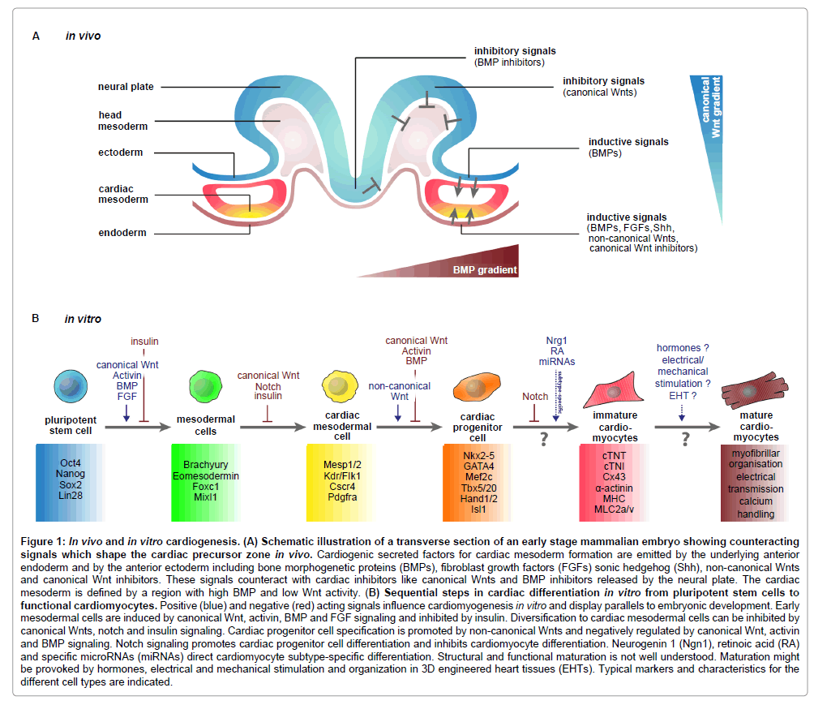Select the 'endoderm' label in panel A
click(x=122, y=233)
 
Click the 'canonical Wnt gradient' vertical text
click(x=709, y=105)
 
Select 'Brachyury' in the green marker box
click(x=205, y=463)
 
